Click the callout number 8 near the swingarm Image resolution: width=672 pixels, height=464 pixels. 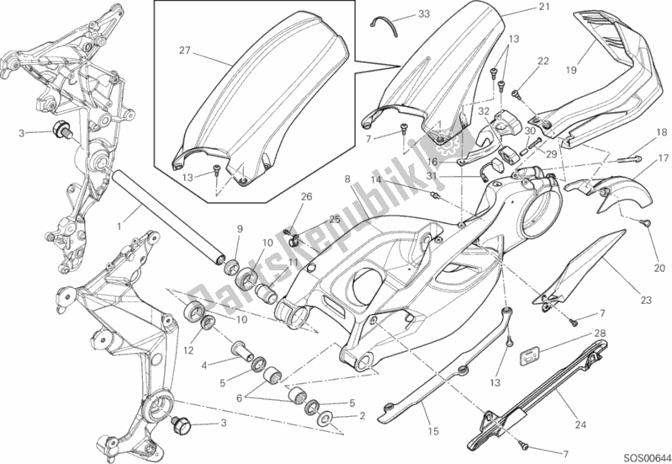[347, 179]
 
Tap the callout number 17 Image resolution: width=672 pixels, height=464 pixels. [663, 157]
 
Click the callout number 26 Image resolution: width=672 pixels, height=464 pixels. [306, 198]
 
